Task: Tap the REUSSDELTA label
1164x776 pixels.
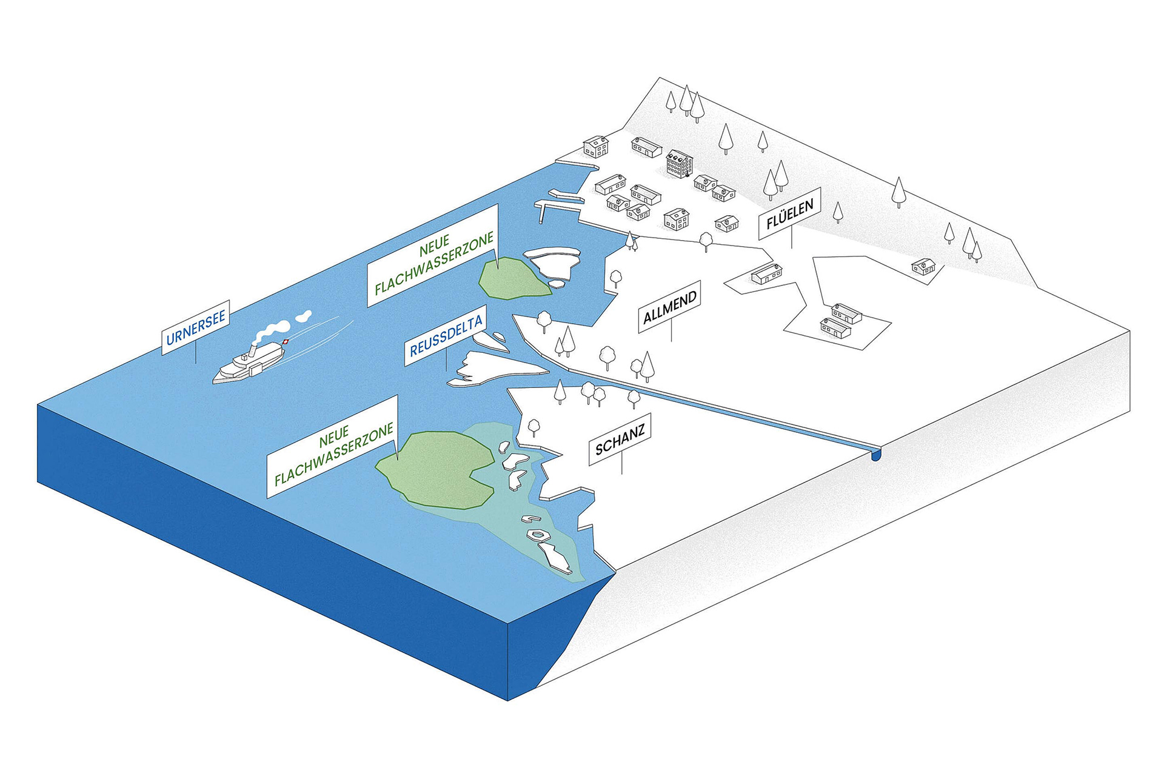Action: [x=446, y=339]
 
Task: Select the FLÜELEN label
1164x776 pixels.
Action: [x=790, y=213]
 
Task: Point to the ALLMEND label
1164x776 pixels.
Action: [x=670, y=307]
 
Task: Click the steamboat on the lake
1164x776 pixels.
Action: [x=249, y=362]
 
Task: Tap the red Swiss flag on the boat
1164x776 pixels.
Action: [x=285, y=343]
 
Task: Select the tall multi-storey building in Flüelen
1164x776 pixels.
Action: [x=680, y=164]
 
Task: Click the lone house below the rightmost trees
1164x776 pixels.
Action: [x=924, y=266]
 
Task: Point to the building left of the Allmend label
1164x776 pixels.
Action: [x=767, y=273]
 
